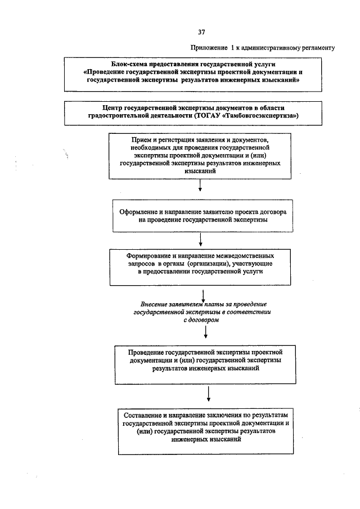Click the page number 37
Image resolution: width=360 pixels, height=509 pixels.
(x=201, y=31)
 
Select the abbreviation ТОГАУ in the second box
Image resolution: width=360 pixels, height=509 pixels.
(x=209, y=115)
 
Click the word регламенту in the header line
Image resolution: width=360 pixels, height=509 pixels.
(x=315, y=48)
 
